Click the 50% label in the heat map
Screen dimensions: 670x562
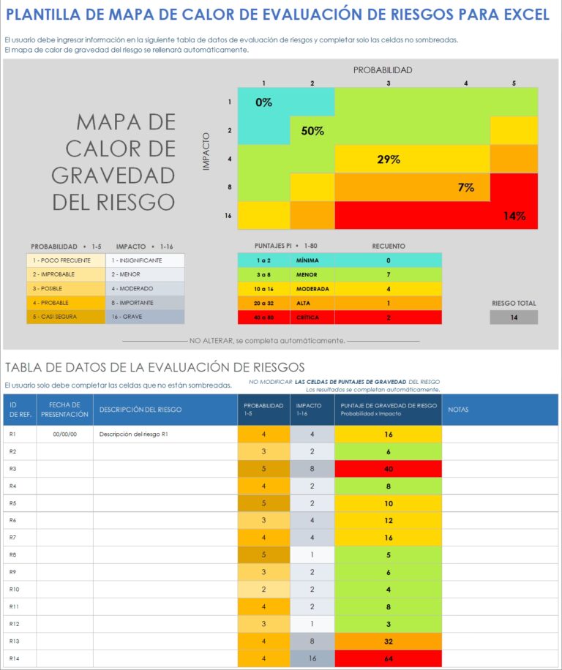(x=312, y=131)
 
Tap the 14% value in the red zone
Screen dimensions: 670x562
(x=514, y=216)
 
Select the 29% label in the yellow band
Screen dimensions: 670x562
(x=389, y=159)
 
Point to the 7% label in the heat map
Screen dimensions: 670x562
(x=466, y=187)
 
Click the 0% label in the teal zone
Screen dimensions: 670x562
(x=263, y=102)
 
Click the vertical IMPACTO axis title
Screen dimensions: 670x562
(x=206, y=151)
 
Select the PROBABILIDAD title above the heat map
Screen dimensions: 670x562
(x=383, y=70)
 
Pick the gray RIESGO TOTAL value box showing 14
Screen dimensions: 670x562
(x=514, y=317)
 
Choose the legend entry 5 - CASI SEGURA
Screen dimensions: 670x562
(x=61, y=317)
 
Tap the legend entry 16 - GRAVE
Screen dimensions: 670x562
(x=145, y=317)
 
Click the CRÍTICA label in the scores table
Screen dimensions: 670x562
(x=307, y=317)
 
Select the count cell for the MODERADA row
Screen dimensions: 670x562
(x=388, y=289)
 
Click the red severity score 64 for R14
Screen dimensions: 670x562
(x=389, y=658)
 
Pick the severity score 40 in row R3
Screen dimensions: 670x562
(x=389, y=468)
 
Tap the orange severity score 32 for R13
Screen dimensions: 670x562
(x=389, y=641)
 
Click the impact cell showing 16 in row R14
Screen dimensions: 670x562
(x=312, y=658)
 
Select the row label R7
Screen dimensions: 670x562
(x=12, y=538)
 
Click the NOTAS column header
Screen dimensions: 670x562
(x=458, y=410)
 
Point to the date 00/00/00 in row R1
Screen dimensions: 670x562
(x=65, y=434)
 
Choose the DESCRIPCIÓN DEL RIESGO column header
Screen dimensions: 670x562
(x=140, y=410)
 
